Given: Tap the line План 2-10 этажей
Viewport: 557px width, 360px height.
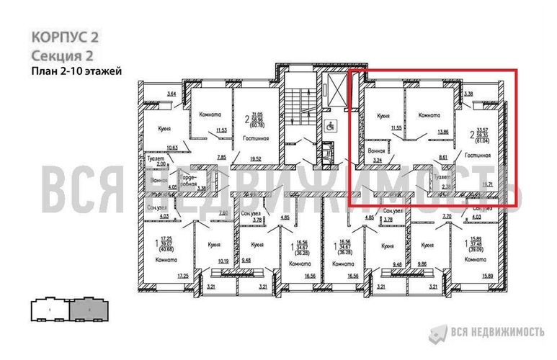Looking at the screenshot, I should pos(74,71).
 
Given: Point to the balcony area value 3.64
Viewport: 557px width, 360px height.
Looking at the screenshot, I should pos(171,94).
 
